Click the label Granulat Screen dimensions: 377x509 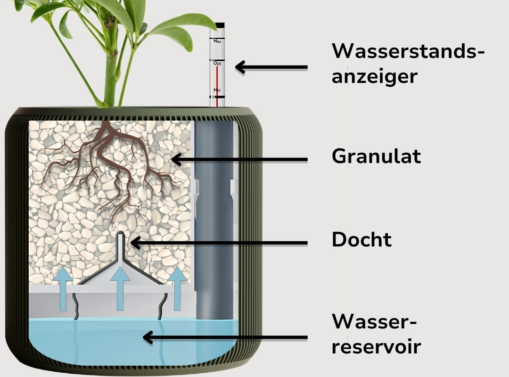click(376, 156)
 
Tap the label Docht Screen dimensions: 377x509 click(361, 240)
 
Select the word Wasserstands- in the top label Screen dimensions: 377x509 click(408, 51)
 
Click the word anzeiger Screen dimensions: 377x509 click(374, 75)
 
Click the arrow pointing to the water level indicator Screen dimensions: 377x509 click(271, 67)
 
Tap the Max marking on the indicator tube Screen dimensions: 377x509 click(217, 41)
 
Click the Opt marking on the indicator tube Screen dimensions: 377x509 click(217, 63)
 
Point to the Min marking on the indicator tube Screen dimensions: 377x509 click(217, 90)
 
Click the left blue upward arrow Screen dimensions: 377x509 click(62, 289)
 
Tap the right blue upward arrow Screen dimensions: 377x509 click(177, 288)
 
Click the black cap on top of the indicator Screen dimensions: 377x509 click(218, 25)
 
